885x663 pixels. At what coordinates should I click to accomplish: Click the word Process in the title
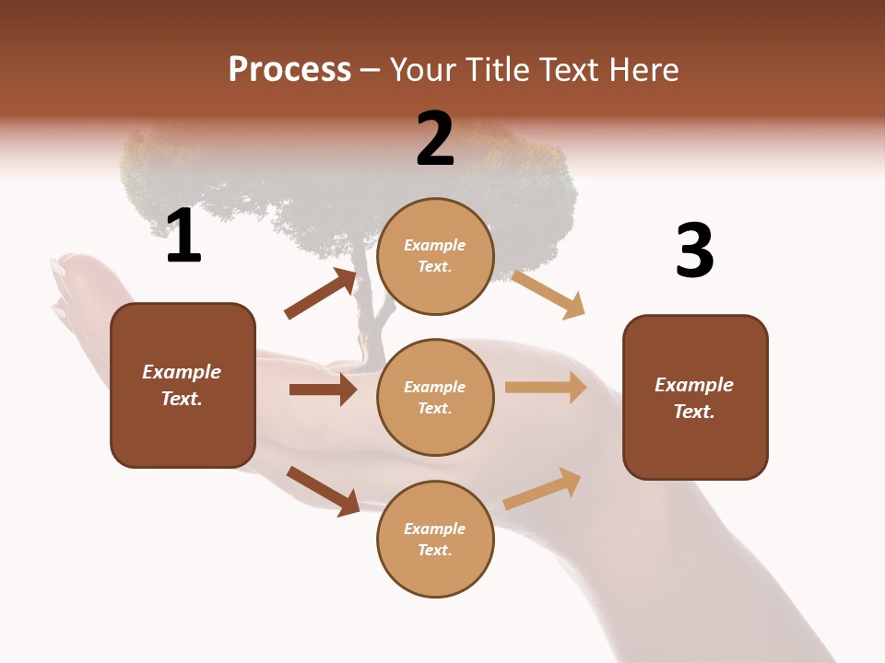click(289, 70)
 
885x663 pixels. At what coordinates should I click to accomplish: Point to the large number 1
click(183, 237)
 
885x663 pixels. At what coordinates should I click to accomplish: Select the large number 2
click(435, 139)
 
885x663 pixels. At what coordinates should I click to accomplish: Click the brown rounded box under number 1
click(183, 385)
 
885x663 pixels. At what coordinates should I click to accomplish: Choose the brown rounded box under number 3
click(695, 397)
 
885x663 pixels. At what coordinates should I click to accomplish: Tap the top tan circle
click(435, 256)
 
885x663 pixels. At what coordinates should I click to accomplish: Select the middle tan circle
click(435, 397)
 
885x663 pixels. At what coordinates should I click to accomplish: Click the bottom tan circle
click(435, 539)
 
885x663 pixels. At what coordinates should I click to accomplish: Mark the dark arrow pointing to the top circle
click(321, 294)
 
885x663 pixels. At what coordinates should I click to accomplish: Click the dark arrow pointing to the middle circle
click(323, 390)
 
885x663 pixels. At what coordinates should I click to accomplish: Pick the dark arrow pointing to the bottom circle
click(323, 491)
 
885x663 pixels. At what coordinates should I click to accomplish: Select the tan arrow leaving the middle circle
click(546, 388)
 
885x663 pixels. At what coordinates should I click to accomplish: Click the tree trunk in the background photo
click(368, 313)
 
